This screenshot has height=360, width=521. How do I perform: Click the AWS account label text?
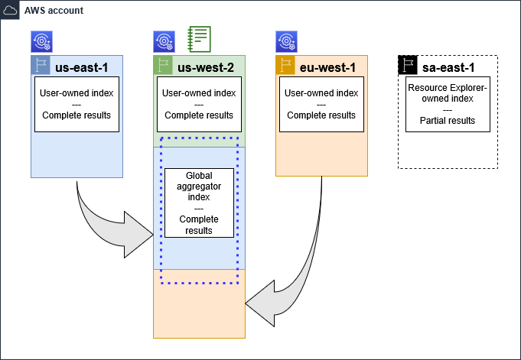coord(54,11)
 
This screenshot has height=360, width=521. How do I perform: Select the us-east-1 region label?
coord(81,67)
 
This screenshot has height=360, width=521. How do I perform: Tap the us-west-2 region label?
coord(204,67)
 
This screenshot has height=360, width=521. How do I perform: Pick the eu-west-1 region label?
coord(327,67)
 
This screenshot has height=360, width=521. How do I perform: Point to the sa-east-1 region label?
coord(448,67)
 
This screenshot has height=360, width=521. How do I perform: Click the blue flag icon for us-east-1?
coord(41,66)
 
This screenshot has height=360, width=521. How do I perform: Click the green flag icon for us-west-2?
coord(163,66)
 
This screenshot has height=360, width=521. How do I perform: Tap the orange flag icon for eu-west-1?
coord(285,66)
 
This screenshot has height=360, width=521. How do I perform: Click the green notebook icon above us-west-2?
coord(199,38)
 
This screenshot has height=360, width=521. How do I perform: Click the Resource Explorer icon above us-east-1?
coord(41,41)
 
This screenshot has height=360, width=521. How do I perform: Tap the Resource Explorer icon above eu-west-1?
coord(286,41)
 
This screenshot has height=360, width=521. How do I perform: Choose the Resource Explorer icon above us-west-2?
coord(164,41)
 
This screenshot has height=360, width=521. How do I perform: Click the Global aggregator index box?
coord(199,203)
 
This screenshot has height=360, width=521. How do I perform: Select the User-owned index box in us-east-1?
coord(77,104)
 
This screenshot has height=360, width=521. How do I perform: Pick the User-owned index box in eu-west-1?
coord(321,104)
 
